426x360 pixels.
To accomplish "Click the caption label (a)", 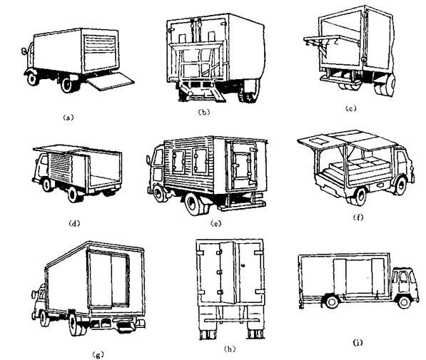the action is tap(69, 118).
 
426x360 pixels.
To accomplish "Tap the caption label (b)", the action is tap(204, 112).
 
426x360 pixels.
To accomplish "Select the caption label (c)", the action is tap(350, 108).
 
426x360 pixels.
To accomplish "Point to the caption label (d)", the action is tap(74, 223).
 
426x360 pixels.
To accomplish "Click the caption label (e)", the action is tap(216, 223).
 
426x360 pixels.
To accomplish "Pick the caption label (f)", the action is tap(357, 217).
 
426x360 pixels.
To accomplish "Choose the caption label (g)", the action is tap(98, 354).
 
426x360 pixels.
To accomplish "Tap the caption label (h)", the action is tap(230, 349).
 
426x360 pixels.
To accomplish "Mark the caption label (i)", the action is tap(357, 343).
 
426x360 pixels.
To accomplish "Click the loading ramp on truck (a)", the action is tap(111, 81).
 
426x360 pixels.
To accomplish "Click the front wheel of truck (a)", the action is tap(32, 78).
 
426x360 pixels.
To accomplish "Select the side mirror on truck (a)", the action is tap(24, 51).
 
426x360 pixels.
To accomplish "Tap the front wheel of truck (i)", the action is tap(404, 302).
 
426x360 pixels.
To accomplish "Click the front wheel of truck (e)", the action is tap(158, 193).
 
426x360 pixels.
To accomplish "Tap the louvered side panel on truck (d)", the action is tap(60, 168).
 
